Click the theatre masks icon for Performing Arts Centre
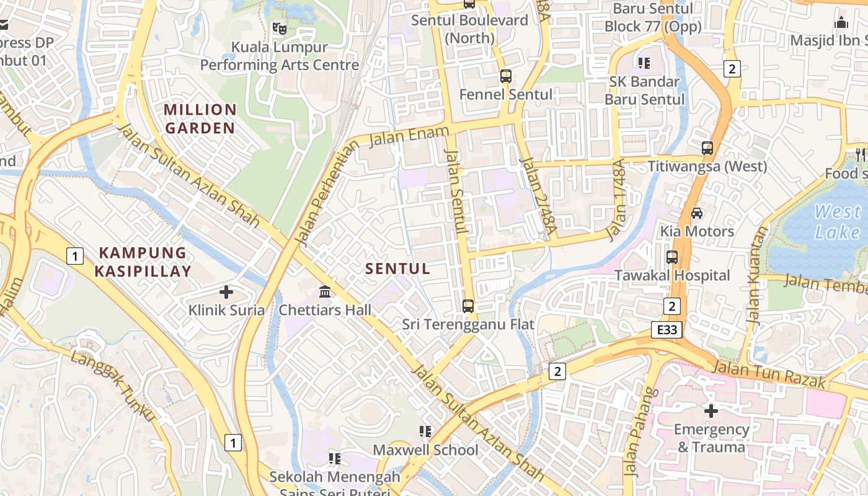pyautogui.click(x=280, y=28)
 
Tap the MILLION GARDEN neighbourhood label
pyautogui.click(x=200, y=119)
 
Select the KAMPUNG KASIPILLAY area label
pyautogui.click(x=143, y=262)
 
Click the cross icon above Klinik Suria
pyautogui.click(x=226, y=291)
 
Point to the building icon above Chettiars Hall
pyautogui.click(x=325, y=291)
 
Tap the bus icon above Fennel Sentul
pyautogui.click(x=506, y=76)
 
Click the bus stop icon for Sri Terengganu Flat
pyautogui.click(x=468, y=306)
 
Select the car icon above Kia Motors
pyautogui.click(x=697, y=213)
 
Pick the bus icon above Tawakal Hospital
pyautogui.click(x=672, y=257)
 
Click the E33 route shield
pyautogui.click(x=667, y=330)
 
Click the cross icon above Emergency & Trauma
pyautogui.click(x=711, y=410)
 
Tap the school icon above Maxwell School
pyautogui.click(x=425, y=431)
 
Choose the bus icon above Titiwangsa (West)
pyautogui.click(x=707, y=148)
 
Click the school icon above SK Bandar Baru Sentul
pyautogui.click(x=644, y=63)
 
